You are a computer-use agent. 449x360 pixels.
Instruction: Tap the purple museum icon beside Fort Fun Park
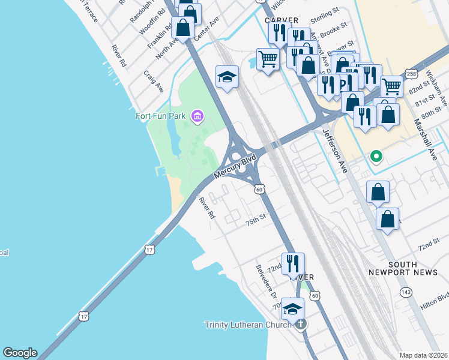click(196, 116)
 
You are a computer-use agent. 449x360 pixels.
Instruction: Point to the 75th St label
click(255, 221)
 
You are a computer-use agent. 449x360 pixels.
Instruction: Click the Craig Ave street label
click(154, 80)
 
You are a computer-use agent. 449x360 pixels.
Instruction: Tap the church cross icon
click(301, 325)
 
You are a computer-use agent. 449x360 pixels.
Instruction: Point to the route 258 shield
click(411, 74)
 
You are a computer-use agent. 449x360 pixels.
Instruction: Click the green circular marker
click(376, 157)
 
